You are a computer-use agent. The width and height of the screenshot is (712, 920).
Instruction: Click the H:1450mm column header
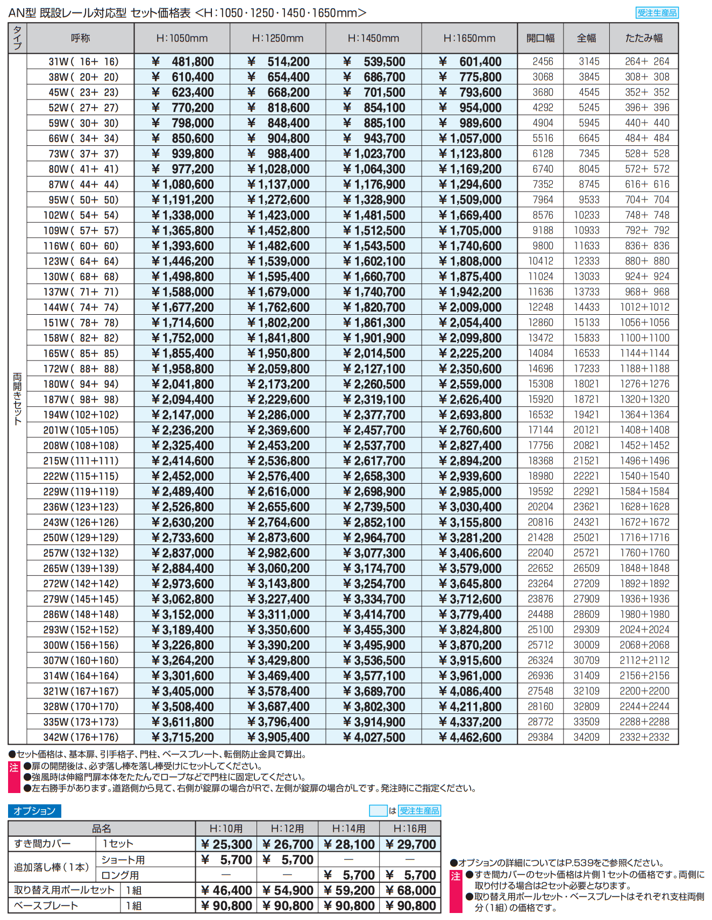[x=373, y=38]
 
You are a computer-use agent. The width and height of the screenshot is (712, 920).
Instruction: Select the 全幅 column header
[x=586, y=38]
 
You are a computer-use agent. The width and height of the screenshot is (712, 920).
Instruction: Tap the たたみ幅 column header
[x=644, y=38]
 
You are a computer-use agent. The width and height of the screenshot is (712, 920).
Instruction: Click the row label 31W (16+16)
[x=83, y=62]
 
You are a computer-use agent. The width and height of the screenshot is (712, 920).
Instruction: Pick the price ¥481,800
[x=183, y=62]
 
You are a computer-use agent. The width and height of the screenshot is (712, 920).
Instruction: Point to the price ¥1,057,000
[x=470, y=139]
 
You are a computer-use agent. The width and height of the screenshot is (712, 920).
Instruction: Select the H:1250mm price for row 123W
[x=279, y=261]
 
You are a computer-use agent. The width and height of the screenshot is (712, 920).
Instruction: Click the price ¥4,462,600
[x=470, y=738]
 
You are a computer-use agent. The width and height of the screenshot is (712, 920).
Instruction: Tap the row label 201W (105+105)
[x=81, y=430]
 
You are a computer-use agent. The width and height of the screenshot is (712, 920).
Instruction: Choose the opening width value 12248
[x=540, y=307]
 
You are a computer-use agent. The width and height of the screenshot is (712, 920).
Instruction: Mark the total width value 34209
[x=586, y=737]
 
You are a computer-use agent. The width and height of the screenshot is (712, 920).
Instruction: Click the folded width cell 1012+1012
[x=644, y=307]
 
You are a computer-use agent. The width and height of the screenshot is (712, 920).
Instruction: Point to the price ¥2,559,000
[x=470, y=384]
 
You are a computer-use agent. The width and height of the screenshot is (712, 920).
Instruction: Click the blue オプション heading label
[x=34, y=811]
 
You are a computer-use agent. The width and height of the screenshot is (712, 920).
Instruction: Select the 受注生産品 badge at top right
[x=657, y=13]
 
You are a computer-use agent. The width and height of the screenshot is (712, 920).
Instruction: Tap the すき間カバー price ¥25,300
[x=226, y=844]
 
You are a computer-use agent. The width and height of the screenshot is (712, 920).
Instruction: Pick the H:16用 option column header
[x=410, y=829]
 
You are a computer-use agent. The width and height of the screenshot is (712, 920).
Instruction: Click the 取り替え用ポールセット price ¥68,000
[x=410, y=890]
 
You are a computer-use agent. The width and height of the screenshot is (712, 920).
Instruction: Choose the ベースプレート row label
[x=46, y=905]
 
